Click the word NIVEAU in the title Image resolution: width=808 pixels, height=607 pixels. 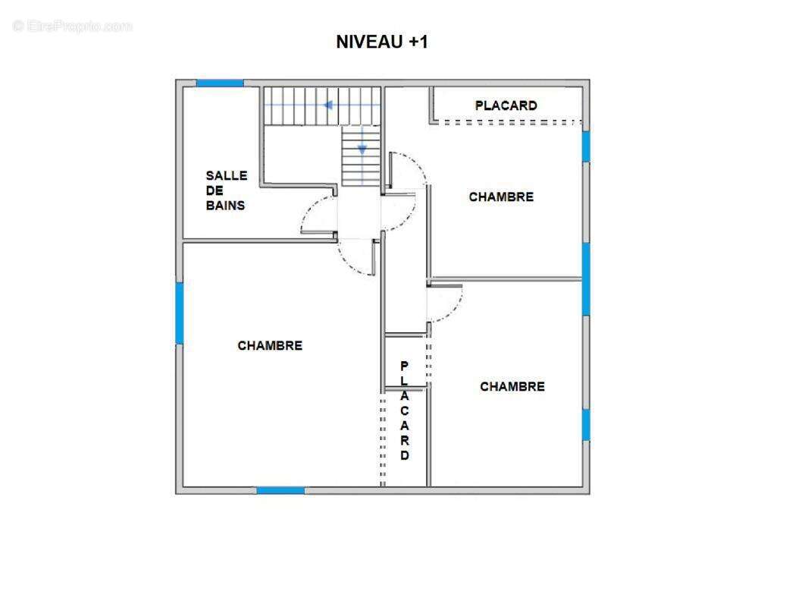point(369,42)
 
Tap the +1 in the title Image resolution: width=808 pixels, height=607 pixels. point(418,42)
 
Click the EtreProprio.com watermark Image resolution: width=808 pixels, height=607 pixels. point(73,26)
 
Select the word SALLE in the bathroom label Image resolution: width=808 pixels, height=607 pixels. point(226,175)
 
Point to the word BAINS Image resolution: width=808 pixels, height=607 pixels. point(225,206)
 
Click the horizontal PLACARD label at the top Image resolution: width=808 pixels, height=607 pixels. point(506,105)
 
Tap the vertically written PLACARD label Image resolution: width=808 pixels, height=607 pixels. point(405,410)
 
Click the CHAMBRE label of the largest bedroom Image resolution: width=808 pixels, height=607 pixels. point(270,345)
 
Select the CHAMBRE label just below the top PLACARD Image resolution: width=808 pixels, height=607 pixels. point(501,197)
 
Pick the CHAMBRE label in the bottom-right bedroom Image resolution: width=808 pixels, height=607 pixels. point(512,387)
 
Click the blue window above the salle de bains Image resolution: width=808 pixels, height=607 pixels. point(220,83)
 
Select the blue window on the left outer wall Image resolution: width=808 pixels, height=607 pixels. point(180,313)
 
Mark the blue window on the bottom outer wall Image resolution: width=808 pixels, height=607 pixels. point(281,490)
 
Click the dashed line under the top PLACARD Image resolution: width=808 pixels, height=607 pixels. point(513,123)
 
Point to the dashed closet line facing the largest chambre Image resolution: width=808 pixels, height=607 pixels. point(382,440)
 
